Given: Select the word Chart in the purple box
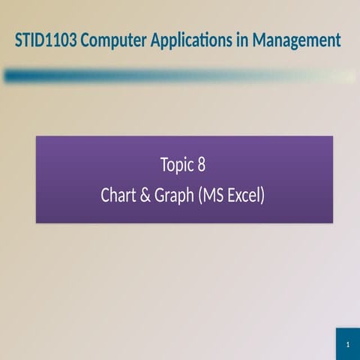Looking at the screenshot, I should click(118, 196).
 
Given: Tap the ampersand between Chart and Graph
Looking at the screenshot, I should click(145, 196).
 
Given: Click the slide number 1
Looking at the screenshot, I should click(348, 344).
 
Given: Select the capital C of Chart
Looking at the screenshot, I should click(106, 196).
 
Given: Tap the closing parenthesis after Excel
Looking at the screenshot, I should click(262, 196).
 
